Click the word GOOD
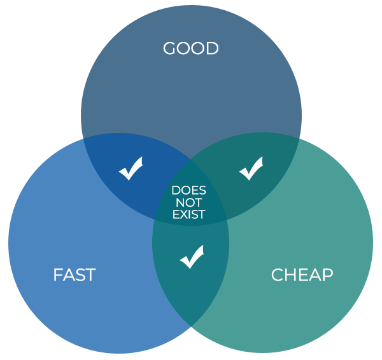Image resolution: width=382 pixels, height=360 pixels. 190,48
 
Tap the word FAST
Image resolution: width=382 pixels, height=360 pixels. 74,275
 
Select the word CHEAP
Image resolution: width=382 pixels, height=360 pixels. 302,275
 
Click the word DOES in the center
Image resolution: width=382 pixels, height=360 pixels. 189,190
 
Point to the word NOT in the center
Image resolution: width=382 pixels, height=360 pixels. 189,202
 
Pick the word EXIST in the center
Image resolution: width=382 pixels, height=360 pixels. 189,214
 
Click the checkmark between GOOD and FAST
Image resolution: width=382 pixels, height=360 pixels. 131,169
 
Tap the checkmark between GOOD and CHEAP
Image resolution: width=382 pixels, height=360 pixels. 251,169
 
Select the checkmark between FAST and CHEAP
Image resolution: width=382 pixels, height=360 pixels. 192,256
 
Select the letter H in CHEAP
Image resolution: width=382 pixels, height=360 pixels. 290,275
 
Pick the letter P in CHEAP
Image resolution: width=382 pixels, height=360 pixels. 327,275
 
